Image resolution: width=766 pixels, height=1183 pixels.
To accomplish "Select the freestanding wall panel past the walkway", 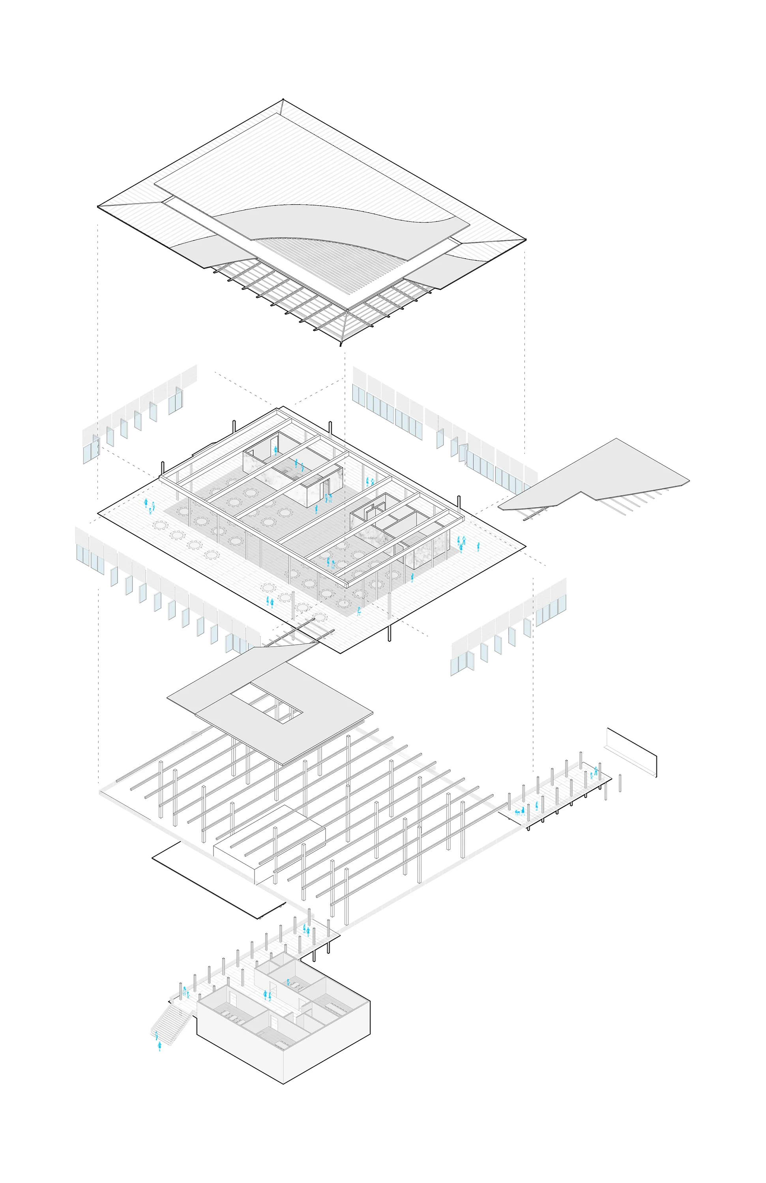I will [x=632, y=752].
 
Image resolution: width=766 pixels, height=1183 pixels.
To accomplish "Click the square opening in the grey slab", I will [x=268, y=702].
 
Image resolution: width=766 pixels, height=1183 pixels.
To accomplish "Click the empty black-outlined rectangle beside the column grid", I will [x=219, y=880].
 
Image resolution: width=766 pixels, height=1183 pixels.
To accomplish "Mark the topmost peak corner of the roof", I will [x=283, y=99].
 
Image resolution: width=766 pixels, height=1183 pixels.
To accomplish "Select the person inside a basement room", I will [x=288, y=983].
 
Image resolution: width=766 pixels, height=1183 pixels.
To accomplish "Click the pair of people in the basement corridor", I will [x=267, y=995].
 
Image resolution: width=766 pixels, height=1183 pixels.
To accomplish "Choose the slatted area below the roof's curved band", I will [x=318, y=263].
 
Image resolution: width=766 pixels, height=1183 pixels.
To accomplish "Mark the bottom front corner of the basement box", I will [x=283, y=1084].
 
